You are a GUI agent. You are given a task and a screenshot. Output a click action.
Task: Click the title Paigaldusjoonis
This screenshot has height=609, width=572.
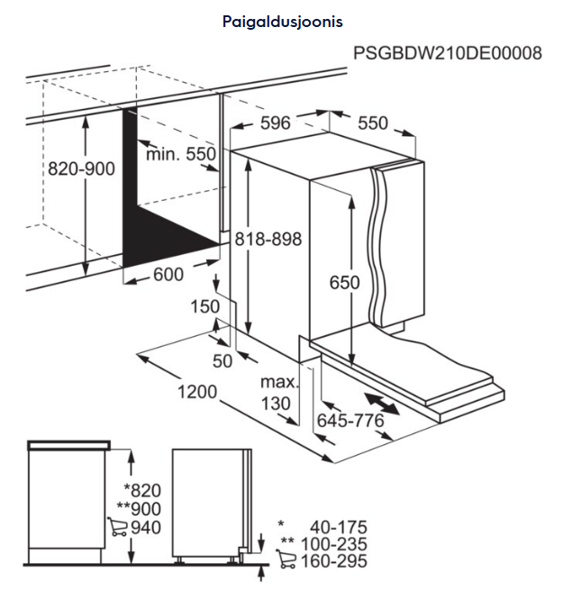[283, 22]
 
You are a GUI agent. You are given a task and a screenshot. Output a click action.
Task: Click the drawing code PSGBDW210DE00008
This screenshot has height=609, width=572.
[448, 53]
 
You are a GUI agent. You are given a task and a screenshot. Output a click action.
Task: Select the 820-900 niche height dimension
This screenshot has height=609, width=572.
[81, 169]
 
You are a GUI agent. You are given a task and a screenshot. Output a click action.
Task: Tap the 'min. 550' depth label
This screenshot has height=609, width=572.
[181, 154]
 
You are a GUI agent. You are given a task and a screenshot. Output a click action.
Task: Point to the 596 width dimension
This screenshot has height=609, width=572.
[276, 123]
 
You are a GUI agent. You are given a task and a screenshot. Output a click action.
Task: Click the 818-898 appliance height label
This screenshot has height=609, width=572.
[268, 239]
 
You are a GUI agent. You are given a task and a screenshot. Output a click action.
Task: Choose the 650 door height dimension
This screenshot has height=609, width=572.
[344, 282]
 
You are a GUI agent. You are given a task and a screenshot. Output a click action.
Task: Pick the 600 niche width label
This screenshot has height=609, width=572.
[168, 275]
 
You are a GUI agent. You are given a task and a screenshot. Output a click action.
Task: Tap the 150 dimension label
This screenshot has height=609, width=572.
[205, 307]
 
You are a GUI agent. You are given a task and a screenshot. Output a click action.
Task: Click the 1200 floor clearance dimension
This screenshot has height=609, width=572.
[197, 392]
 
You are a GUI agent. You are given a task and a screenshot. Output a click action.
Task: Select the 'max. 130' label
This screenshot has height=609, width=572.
[279, 393]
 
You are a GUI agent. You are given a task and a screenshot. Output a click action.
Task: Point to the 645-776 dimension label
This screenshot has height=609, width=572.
[350, 420]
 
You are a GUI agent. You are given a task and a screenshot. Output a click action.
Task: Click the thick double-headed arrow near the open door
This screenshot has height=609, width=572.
[382, 404]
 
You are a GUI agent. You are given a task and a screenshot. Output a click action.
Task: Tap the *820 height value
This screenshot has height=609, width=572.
[142, 491]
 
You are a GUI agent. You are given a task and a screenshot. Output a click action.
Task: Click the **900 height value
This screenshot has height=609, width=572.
[139, 509]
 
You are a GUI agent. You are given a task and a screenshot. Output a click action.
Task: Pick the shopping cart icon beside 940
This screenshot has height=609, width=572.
[117, 527]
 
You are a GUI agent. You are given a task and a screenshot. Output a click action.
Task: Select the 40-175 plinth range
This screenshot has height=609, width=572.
[338, 527]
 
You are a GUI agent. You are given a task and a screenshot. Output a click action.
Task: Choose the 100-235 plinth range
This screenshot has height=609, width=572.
[334, 544]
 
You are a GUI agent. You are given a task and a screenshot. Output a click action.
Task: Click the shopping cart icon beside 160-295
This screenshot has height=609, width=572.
[286, 559]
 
